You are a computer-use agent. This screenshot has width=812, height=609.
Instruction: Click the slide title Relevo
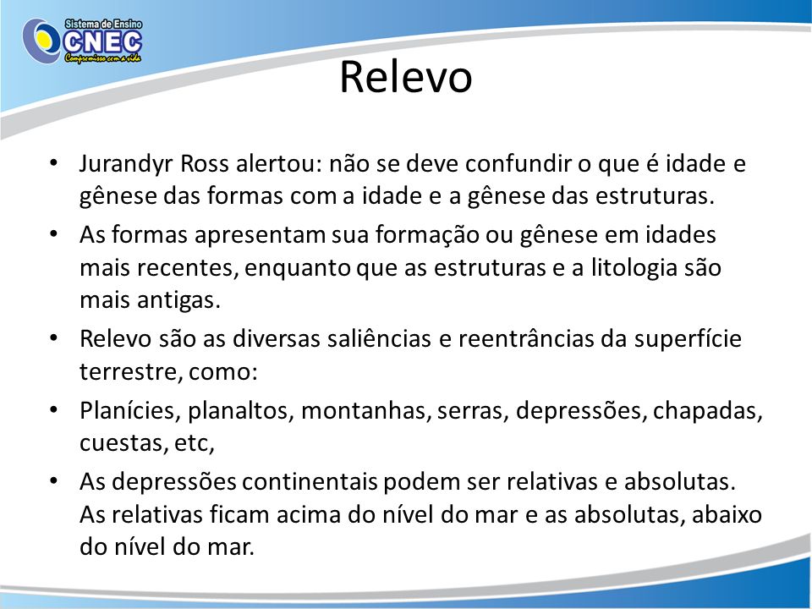pos(405,77)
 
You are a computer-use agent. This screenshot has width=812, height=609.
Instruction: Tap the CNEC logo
pos(83,41)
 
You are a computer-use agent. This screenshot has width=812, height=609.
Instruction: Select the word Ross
pos(205,163)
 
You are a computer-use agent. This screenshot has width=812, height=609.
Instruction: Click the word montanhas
pos(366,411)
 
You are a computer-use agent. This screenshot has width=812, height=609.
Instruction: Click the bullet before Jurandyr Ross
pos(53,163)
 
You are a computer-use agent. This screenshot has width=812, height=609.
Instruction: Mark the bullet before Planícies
pos(53,411)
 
